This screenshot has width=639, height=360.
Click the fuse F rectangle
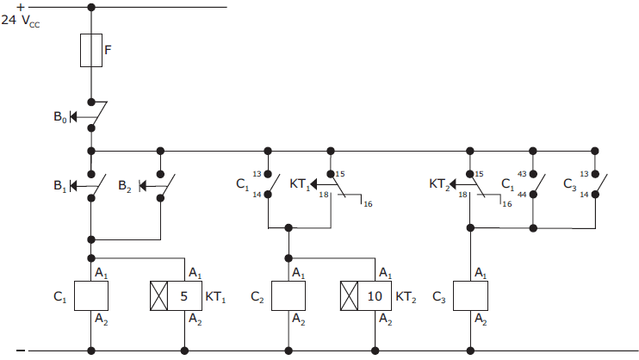click(x=91, y=50)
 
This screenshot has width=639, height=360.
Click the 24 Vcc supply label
click(x=21, y=19)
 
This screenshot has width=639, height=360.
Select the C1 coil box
click(x=91, y=295)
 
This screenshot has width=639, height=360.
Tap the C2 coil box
click(x=288, y=295)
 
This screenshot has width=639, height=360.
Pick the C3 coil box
click(x=469, y=295)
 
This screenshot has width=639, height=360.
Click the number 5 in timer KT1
click(x=183, y=295)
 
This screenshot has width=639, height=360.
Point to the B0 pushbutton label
click(x=60, y=116)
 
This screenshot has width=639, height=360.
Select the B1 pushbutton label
click(x=60, y=184)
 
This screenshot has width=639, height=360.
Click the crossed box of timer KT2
click(x=349, y=295)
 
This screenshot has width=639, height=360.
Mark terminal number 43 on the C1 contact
click(x=522, y=174)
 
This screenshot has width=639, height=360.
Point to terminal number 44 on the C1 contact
click(x=522, y=195)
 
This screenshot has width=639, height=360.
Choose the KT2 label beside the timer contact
click(x=439, y=184)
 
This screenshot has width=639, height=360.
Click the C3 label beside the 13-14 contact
click(x=569, y=184)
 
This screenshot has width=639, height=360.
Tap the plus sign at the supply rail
click(x=19, y=6)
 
